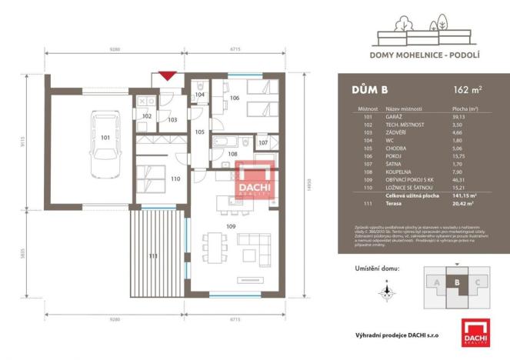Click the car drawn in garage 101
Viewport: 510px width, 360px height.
(105, 143)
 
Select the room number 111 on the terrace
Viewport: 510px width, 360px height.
(152, 255)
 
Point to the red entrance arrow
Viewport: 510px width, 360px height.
(168, 75)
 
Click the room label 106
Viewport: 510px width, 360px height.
(235, 98)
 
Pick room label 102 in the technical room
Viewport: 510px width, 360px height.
(146, 115)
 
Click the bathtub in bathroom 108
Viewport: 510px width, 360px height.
(225, 142)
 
